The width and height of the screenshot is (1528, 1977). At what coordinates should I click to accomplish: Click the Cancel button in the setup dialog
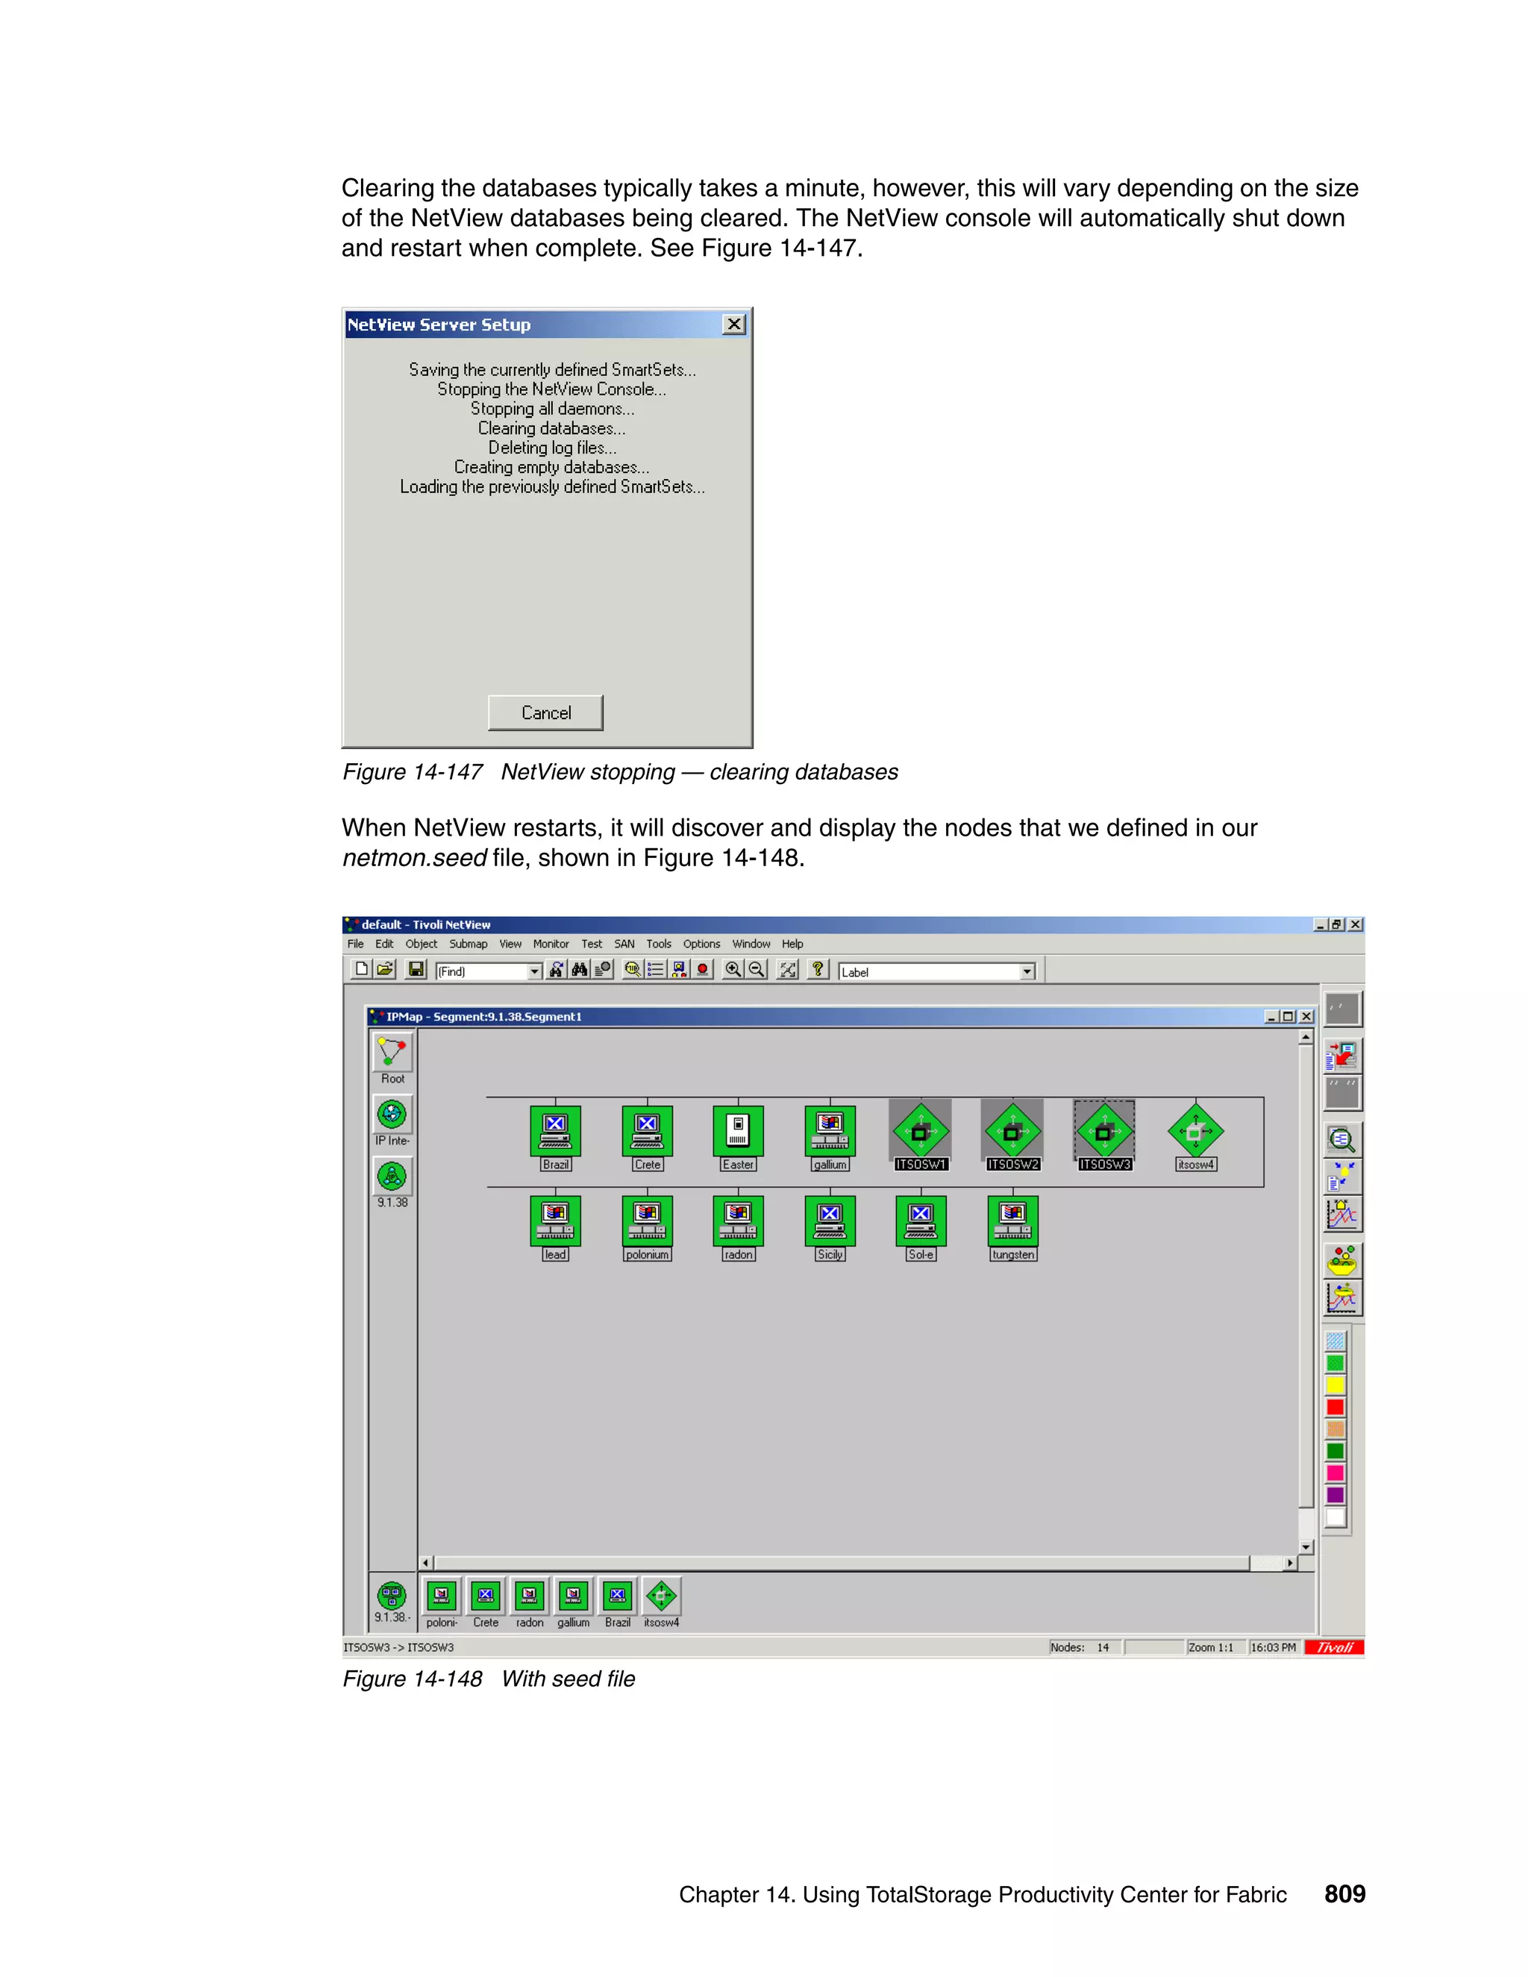pyautogui.click(x=545, y=712)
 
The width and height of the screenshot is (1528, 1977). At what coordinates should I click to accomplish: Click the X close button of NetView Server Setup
pyautogui.click(x=733, y=324)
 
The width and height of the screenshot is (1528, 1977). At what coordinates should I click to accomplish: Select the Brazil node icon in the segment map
pyautogui.click(x=555, y=1130)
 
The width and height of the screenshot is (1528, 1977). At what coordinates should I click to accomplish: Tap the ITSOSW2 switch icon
pyautogui.click(x=1012, y=1130)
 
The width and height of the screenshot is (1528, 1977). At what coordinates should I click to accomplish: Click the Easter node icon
pyautogui.click(x=738, y=1130)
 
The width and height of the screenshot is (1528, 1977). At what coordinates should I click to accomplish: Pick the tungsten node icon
pyautogui.click(x=1012, y=1221)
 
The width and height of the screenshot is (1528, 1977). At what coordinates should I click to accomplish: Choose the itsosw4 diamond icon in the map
pyautogui.click(x=1195, y=1130)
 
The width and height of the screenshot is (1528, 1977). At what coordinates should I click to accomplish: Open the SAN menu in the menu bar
pyautogui.click(x=624, y=943)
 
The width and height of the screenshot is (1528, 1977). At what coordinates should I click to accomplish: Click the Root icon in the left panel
pyautogui.click(x=392, y=1052)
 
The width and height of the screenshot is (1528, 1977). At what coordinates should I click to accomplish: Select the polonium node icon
pyautogui.click(x=646, y=1221)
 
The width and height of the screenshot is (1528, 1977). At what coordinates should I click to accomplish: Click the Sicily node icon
pyautogui.click(x=829, y=1221)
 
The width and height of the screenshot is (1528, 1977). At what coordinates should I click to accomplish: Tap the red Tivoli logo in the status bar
pyautogui.click(x=1333, y=1647)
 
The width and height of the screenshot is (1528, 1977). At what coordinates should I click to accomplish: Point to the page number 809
pyautogui.click(x=1344, y=1893)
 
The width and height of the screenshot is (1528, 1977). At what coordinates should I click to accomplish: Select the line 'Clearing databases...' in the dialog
pyautogui.click(x=551, y=428)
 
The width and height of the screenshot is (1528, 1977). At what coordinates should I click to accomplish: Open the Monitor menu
pyautogui.click(x=551, y=943)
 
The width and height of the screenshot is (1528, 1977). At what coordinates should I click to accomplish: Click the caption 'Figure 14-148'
pyautogui.click(x=412, y=1679)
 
